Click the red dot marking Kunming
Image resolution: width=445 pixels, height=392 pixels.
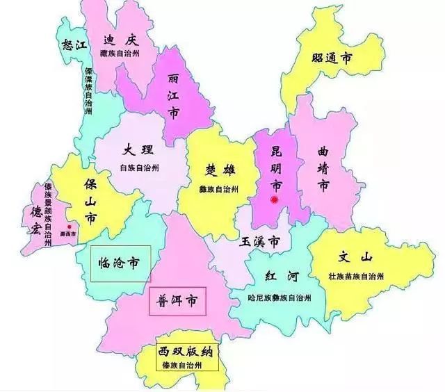275,200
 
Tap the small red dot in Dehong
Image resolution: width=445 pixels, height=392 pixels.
69,227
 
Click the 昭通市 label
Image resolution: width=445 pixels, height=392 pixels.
330,58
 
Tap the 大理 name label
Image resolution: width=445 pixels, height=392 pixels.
138,150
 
